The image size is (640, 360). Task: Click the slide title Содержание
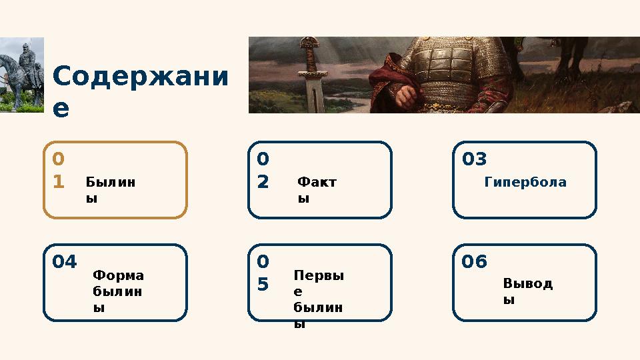pos(139,91)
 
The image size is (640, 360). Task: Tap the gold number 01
pos(59,171)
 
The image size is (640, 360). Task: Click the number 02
pos(263,171)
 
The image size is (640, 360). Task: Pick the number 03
pos(475,159)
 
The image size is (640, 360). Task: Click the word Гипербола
pos(525,181)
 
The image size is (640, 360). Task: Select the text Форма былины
pos(119,291)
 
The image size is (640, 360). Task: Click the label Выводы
pos(527,291)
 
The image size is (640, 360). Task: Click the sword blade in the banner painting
pos(311,93)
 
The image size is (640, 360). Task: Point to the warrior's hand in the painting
pos(406,97)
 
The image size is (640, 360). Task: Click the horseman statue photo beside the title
pos(21,75)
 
